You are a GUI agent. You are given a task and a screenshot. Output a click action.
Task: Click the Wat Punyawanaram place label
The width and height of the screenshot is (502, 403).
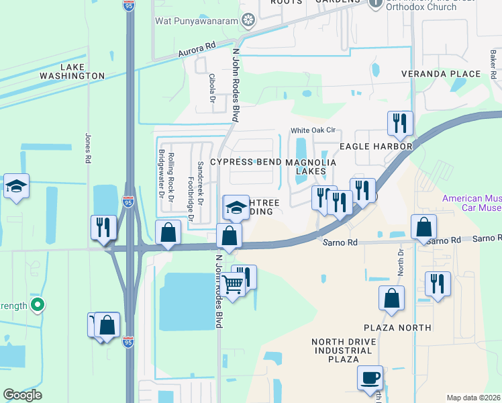[x=197, y=21]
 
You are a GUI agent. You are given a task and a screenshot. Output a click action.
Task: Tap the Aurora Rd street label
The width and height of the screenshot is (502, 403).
[x=197, y=50]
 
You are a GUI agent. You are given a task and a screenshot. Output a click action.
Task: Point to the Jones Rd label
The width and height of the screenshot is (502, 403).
[x=87, y=148]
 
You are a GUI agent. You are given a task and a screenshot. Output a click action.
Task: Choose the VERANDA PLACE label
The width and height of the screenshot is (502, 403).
[x=442, y=73]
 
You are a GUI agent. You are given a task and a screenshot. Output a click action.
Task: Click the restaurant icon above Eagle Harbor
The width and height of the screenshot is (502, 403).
[x=399, y=124]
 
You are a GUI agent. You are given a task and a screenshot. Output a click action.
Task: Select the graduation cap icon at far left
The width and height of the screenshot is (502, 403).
[x=16, y=187]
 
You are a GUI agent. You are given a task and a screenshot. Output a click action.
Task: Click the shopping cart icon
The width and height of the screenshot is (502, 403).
[x=234, y=285]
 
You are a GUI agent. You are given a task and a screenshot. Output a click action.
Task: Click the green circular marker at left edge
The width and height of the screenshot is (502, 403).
[x=38, y=306]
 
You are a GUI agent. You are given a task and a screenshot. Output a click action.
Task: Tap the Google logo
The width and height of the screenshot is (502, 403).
[x=22, y=395]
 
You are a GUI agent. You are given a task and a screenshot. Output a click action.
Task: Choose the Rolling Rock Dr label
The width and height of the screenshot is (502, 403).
[x=171, y=171]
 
